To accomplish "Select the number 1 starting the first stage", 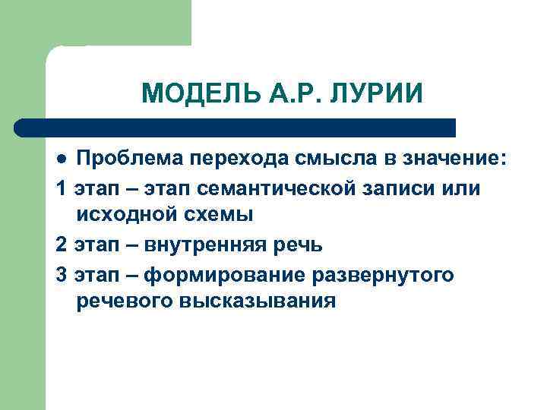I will point(61,188).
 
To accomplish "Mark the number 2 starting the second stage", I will point(61,244).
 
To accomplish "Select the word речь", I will point(297,244).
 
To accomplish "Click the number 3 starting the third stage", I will point(61,273).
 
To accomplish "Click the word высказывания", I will point(258,301).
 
